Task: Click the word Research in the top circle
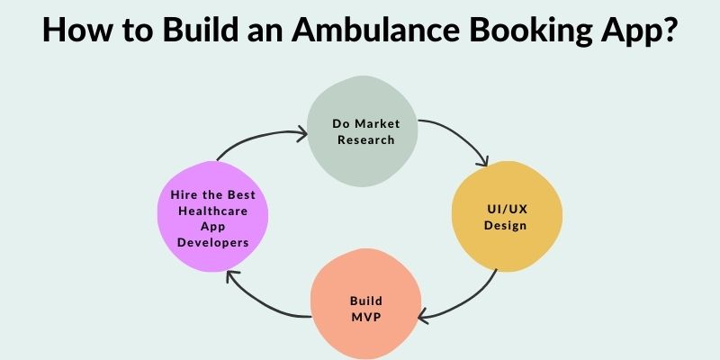point(365,139)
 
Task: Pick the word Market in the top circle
point(377,123)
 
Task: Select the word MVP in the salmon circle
point(366,317)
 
